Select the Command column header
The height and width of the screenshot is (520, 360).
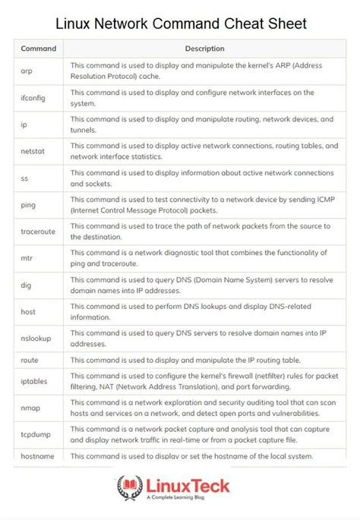tap(38, 49)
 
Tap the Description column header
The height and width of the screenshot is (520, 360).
tap(204, 49)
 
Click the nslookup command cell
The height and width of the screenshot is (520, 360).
tap(38, 338)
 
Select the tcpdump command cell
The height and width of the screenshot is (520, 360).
tap(37, 434)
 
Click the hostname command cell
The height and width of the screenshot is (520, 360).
tap(39, 455)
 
